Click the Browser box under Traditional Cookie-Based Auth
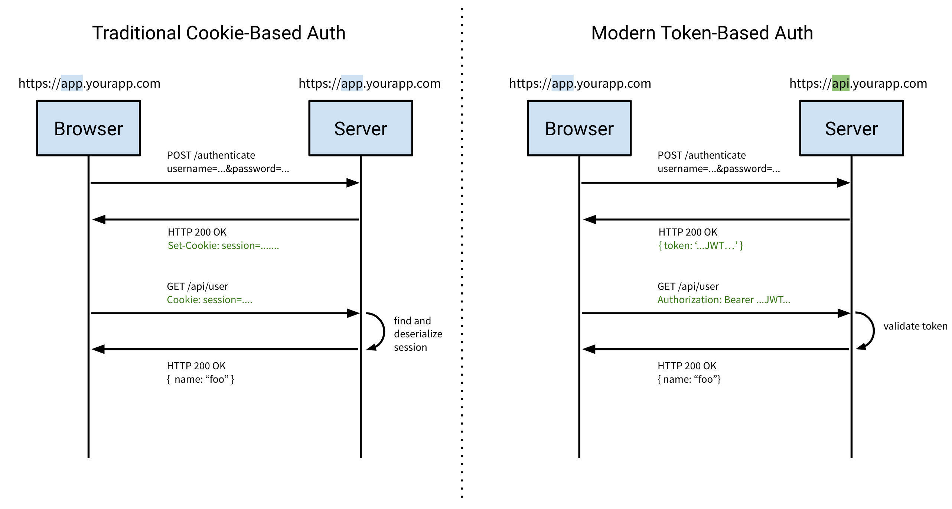coord(88,128)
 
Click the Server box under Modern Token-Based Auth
coord(851,128)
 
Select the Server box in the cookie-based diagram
coord(361,128)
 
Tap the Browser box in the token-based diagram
coord(579,128)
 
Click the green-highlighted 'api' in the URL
coord(840,83)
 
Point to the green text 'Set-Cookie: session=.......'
coord(223,246)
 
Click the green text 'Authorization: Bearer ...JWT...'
coord(724,300)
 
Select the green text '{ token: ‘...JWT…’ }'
coord(700,246)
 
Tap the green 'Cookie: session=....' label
coord(209,300)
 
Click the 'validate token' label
coord(915,326)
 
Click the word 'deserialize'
coord(418,334)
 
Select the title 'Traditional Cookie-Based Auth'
coord(219,33)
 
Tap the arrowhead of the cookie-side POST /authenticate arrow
coord(353,183)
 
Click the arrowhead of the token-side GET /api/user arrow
coord(844,313)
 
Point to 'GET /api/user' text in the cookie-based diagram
coord(197,286)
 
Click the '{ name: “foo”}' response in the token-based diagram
coord(689,379)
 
